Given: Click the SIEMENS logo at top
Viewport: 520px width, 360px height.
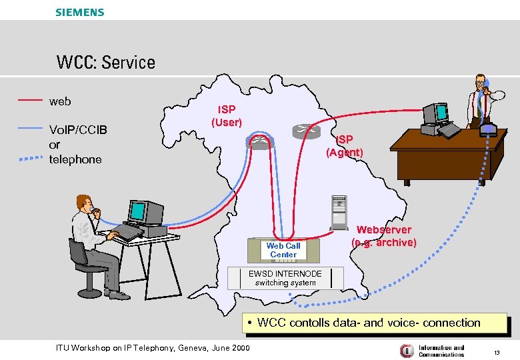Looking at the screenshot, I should pyautogui.click(x=80, y=12).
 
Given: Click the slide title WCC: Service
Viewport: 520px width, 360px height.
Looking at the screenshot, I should pyautogui.click(x=105, y=63).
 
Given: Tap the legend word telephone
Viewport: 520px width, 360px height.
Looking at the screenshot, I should pyautogui.click(x=75, y=159).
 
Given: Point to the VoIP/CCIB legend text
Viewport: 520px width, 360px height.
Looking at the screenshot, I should pyautogui.click(x=78, y=129).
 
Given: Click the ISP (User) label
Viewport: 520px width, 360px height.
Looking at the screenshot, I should pyautogui.click(x=227, y=116).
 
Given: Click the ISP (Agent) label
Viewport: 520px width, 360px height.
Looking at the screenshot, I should pyautogui.click(x=344, y=146).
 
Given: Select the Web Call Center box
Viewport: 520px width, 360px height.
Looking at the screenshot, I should pyautogui.click(x=283, y=250).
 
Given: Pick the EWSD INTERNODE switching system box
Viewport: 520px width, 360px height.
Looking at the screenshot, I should pyautogui.click(x=285, y=278).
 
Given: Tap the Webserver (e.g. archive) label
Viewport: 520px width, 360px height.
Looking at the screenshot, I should pyautogui.click(x=384, y=236).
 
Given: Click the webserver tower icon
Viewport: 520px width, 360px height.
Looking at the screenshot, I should pyautogui.click(x=339, y=213).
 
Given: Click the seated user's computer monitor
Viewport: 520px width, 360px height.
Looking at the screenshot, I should pyautogui.click(x=138, y=211).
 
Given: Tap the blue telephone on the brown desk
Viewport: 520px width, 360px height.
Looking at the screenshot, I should pyautogui.click(x=489, y=127).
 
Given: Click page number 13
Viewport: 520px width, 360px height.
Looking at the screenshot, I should pyautogui.click(x=496, y=351).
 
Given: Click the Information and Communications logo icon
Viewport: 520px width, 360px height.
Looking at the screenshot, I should pyautogui.click(x=406, y=350).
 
